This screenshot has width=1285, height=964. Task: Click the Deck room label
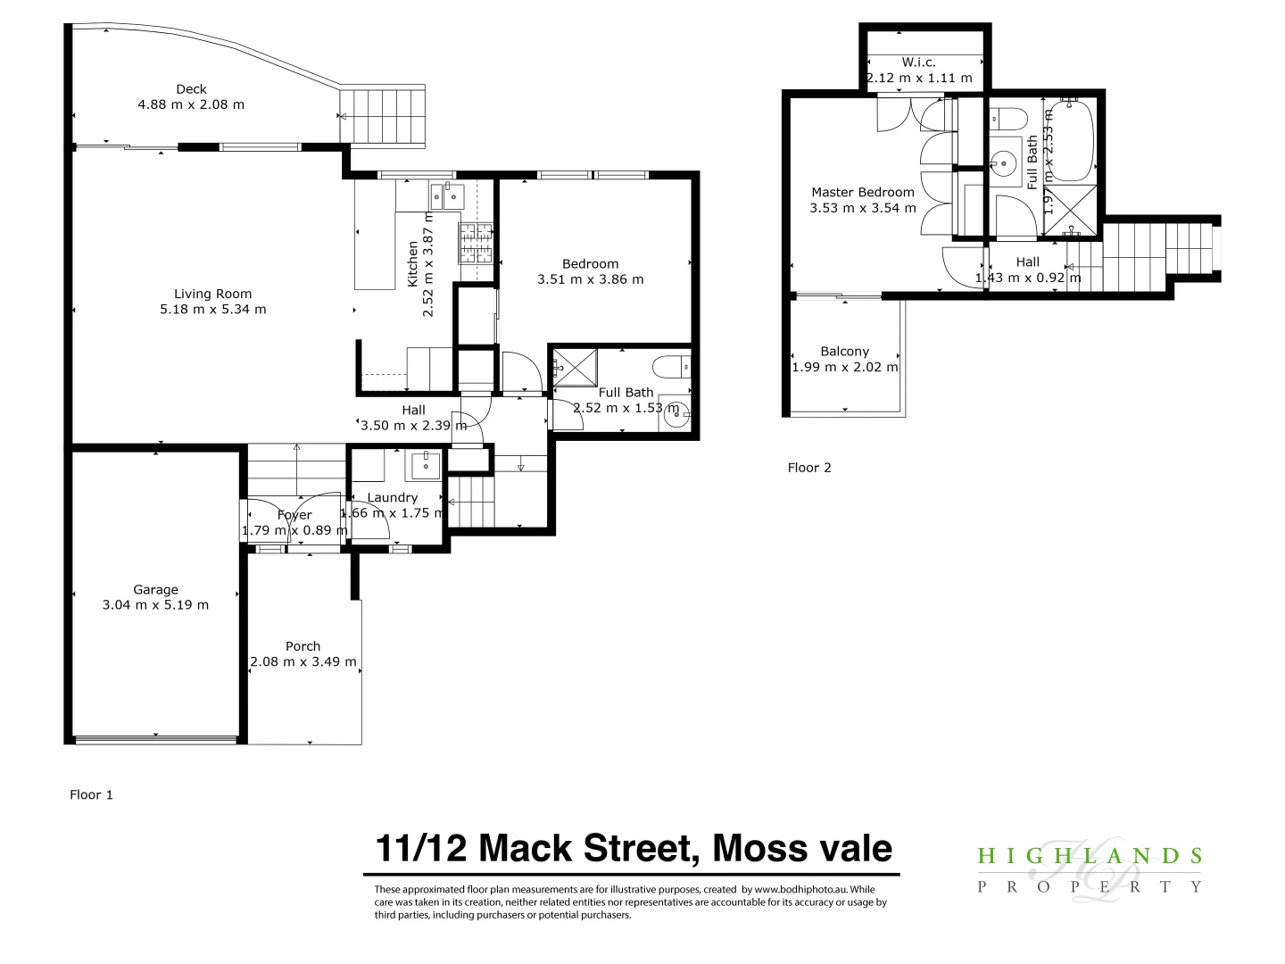click(x=191, y=89)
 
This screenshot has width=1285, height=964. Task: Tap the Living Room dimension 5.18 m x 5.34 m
click(x=213, y=310)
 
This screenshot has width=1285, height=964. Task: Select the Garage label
click(x=156, y=590)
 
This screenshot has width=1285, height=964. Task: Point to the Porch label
click(x=303, y=646)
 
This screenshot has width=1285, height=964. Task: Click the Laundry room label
click(x=393, y=498)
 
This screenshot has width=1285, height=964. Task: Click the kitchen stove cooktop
click(x=476, y=243)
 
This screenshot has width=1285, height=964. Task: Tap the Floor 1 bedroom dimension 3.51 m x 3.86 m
click(x=591, y=279)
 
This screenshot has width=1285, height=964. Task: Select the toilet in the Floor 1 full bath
click(x=671, y=367)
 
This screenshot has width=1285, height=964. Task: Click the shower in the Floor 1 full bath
click(x=575, y=368)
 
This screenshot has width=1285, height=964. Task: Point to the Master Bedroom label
click(x=863, y=192)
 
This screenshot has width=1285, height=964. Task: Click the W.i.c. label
click(x=919, y=62)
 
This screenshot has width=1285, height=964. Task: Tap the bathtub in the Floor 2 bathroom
click(x=1072, y=141)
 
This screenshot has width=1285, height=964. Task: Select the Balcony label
click(x=845, y=352)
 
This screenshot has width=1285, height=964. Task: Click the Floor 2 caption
click(x=809, y=468)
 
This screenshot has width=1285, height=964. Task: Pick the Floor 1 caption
click(x=92, y=794)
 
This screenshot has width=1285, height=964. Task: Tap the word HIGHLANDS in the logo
click(x=1090, y=857)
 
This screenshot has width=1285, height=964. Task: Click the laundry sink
click(x=425, y=465)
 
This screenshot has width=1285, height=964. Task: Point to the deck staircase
click(x=381, y=115)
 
